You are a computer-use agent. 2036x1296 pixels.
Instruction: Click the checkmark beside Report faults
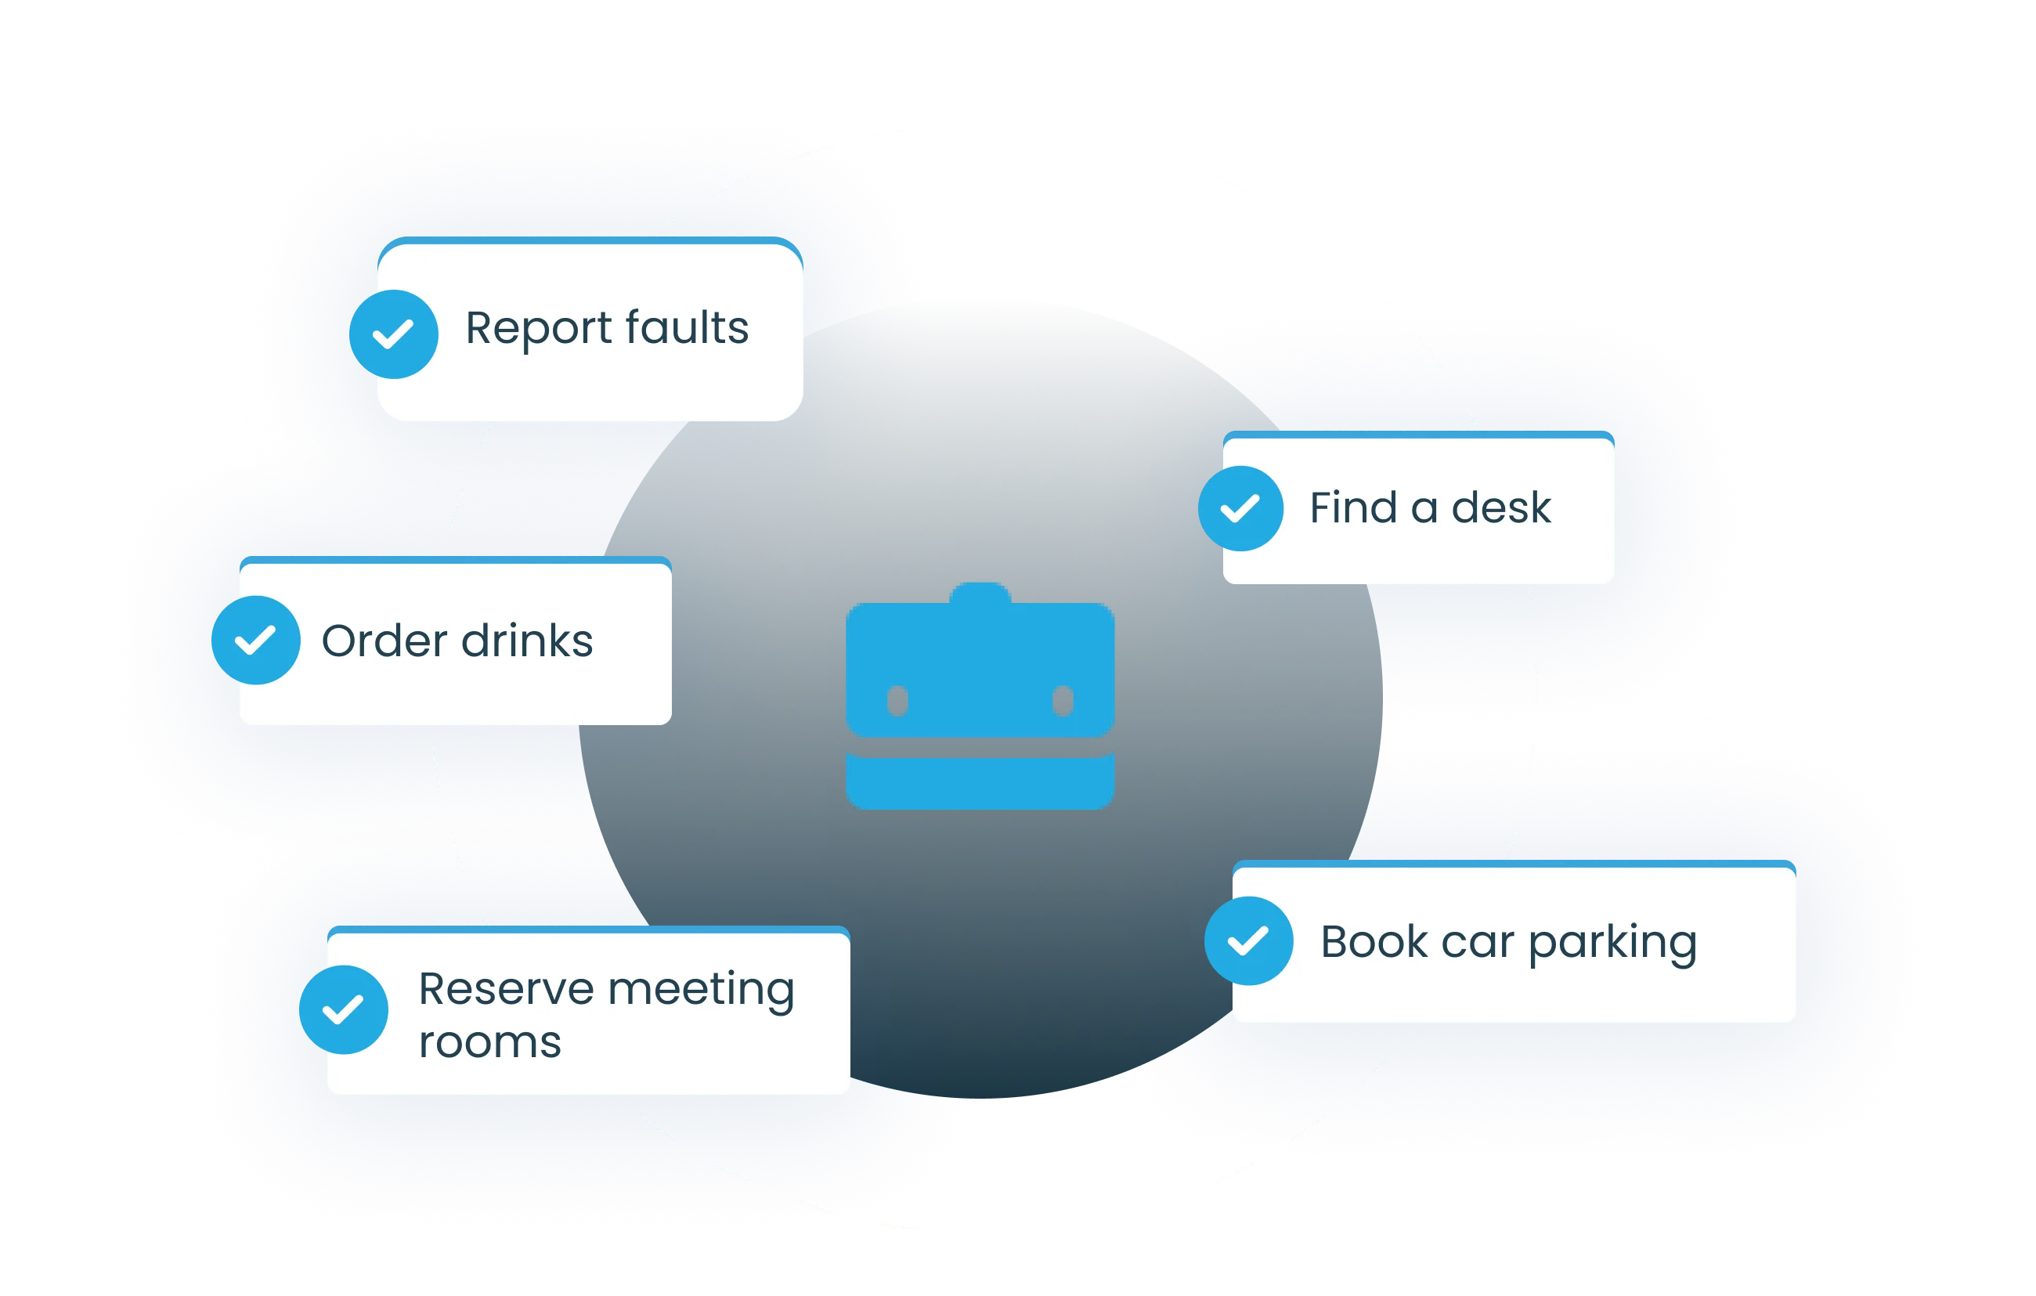tap(394, 334)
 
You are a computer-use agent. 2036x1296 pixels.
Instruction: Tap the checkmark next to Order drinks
tap(255, 640)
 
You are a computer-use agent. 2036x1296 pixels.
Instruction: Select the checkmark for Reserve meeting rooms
tap(343, 1009)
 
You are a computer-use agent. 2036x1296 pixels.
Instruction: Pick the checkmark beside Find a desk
tap(1240, 508)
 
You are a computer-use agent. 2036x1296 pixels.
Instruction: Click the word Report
tap(539, 328)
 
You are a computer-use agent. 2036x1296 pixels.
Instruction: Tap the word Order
tap(384, 640)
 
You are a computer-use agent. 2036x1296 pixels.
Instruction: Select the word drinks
tap(527, 640)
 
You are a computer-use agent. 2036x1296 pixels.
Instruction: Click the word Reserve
tap(506, 988)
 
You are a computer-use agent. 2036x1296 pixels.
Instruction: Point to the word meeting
tap(701, 990)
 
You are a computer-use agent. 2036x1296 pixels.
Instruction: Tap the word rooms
tap(489, 1041)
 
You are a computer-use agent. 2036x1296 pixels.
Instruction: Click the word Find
tap(1353, 507)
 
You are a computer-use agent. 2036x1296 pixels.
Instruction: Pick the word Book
tap(1374, 941)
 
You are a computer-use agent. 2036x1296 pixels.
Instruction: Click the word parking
tap(1612, 943)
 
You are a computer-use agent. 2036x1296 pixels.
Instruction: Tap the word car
tap(1477, 943)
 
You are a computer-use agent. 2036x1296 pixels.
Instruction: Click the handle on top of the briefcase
tap(980, 593)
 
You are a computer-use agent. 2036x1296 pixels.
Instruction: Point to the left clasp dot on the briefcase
tap(897, 700)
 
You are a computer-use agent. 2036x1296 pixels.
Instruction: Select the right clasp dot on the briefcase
tap(1063, 700)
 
